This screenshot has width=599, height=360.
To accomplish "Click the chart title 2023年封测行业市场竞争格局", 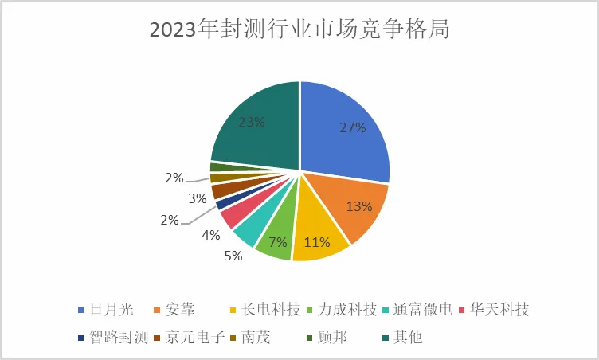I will pyautogui.click(x=299, y=30).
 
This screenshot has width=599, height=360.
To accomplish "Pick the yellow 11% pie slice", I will pyautogui.click(x=318, y=239).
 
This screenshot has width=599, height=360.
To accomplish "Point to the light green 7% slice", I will pyautogui.click(x=276, y=238).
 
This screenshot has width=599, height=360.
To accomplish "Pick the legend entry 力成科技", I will pyautogui.click(x=347, y=310).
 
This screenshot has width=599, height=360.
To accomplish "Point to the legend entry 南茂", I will pyautogui.click(x=256, y=338).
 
